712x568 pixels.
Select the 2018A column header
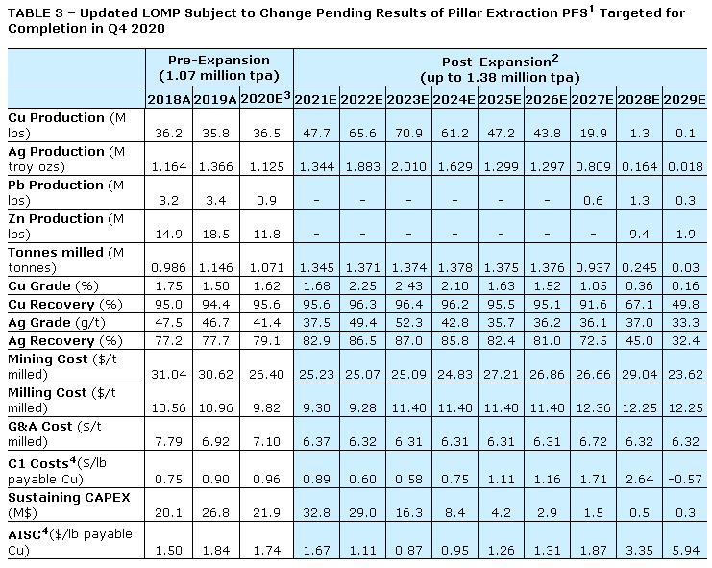[x=167, y=99]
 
